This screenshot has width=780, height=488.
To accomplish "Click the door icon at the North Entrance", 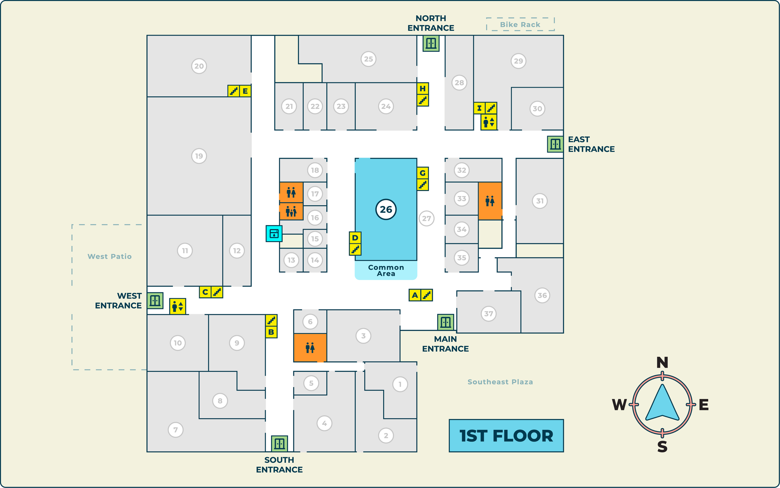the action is coord(431,43).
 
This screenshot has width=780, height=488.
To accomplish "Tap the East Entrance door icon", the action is coord(555,144).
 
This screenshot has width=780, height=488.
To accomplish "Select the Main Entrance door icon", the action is coord(445,322).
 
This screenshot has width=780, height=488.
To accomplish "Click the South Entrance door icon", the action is coord(279,443).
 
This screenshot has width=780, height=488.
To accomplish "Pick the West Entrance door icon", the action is coord(155,301).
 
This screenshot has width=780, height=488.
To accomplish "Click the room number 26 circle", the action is coord(386,209).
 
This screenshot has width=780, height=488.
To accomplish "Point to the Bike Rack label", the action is coord(520,25).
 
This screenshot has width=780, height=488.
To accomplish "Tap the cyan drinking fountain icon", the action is coord(274,233).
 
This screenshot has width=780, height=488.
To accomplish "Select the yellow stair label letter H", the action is coord(422,88).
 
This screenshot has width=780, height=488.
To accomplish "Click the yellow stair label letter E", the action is coord(245,91).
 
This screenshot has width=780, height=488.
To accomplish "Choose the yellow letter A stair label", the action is coord(415,295).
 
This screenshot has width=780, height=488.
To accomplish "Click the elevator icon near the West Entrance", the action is coord(178,306).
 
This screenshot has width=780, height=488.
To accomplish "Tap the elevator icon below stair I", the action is coord(489,122).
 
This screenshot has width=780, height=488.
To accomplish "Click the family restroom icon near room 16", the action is coord(291,212).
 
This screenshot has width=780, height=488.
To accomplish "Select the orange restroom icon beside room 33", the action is coord(490,201).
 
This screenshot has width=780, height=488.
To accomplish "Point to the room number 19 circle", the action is coord(199,156).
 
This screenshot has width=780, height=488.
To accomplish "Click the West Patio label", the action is coord(110,256).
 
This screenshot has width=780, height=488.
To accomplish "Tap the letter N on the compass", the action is coord(662,363).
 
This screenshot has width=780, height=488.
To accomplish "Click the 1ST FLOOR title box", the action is coord(506,436).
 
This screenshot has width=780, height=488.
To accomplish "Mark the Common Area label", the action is coord(386,271).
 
